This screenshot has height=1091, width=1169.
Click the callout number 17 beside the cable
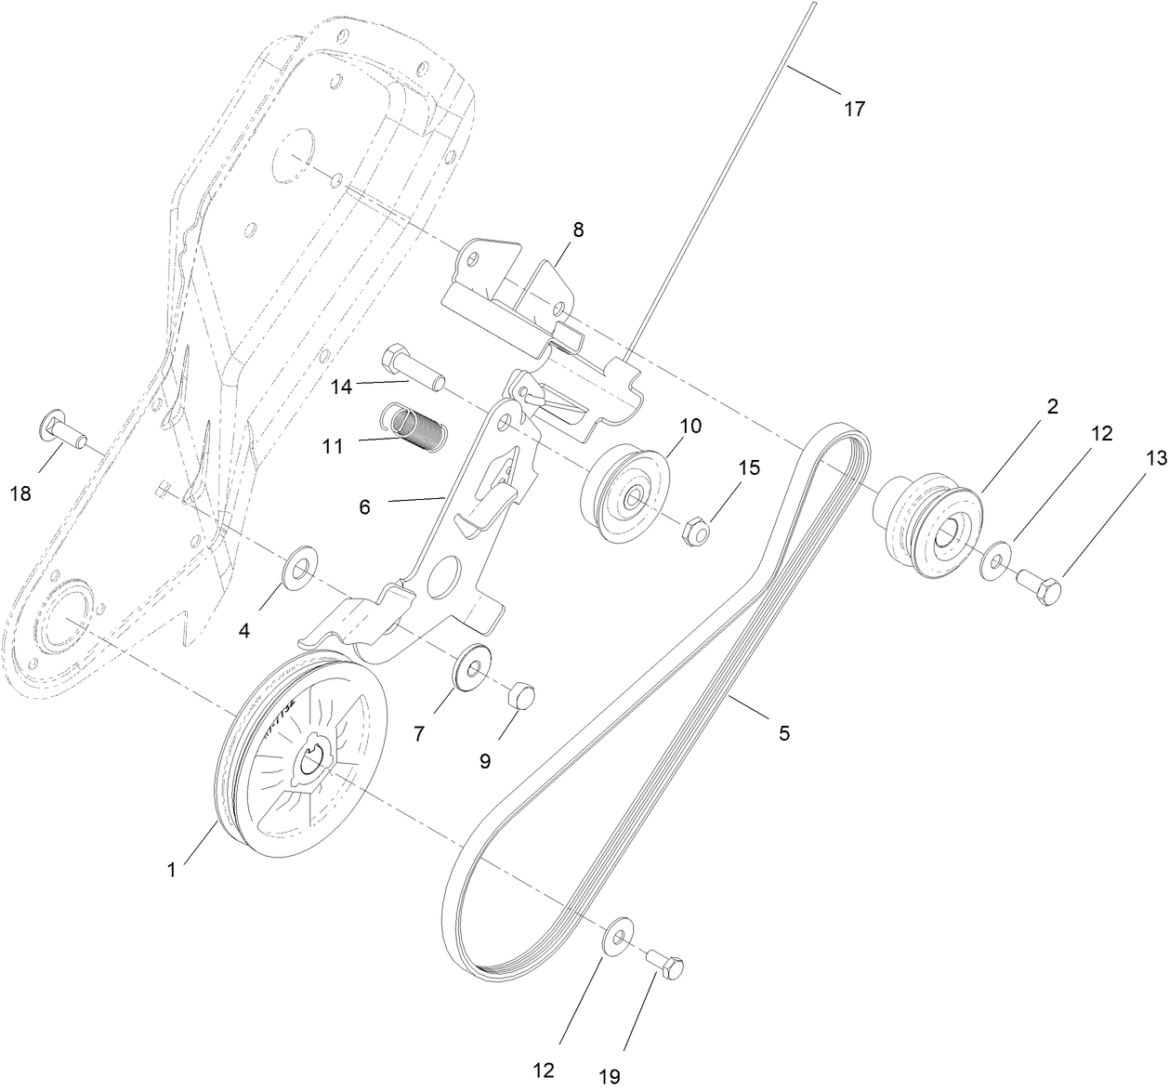[x=853, y=109]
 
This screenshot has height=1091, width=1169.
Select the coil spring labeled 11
[x=415, y=424]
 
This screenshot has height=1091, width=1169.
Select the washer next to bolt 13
[x=995, y=561]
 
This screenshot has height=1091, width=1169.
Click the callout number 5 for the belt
[x=783, y=733]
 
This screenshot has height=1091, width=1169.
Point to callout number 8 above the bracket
[x=578, y=230]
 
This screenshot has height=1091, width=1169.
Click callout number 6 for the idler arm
[x=364, y=506]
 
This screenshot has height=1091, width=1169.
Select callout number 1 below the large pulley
[x=171, y=870]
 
